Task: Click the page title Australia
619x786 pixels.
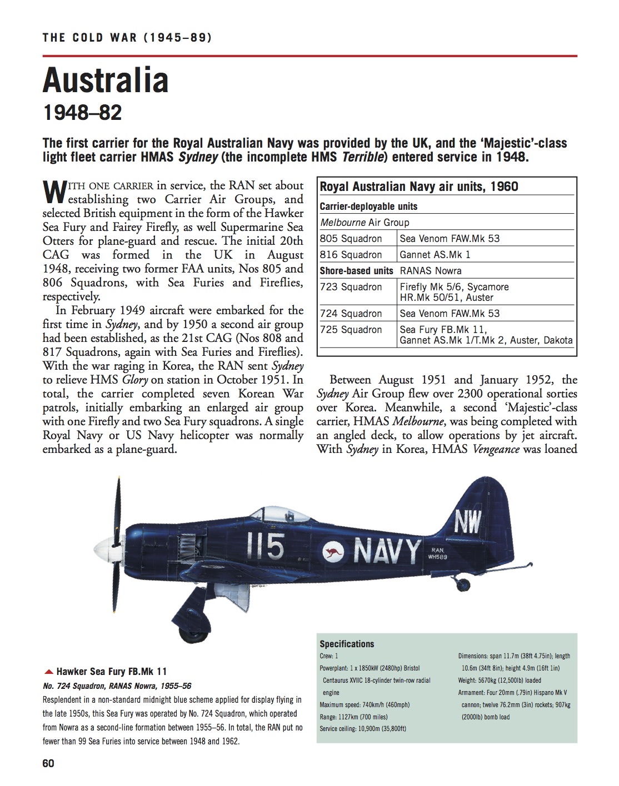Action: [x=106, y=80]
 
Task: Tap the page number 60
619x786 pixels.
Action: [x=48, y=763]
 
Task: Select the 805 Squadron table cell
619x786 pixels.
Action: [x=351, y=239]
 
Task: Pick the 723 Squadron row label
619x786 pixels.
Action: [x=351, y=287]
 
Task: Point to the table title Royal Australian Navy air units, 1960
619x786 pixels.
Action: [x=419, y=187]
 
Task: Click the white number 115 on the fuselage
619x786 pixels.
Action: [x=266, y=546]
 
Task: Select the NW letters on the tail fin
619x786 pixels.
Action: [x=468, y=523]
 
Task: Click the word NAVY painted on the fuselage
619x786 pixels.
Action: [x=387, y=551]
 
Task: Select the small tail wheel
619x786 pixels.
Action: [x=462, y=584]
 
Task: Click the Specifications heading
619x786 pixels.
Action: [x=347, y=644]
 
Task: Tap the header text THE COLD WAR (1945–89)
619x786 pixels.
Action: [x=127, y=38]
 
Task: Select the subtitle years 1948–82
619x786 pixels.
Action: [x=82, y=113]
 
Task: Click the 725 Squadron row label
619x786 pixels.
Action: [x=351, y=330]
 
